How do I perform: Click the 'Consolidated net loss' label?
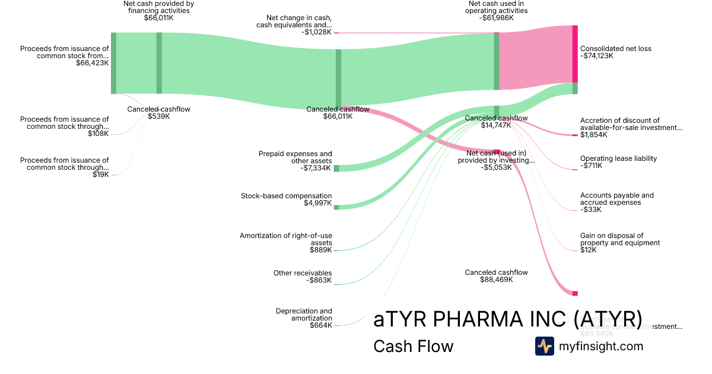point(615,49)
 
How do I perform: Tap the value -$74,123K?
point(596,56)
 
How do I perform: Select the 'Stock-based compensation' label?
point(286,196)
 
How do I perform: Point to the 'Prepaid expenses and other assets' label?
point(295,157)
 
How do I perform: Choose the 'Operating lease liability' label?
point(618,159)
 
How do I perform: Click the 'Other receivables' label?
point(302,273)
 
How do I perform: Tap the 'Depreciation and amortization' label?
point(304,315)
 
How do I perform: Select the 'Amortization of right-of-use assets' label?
point(285,239)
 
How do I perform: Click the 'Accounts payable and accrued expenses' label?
point(616,199)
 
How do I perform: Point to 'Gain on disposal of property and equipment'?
point(619,239)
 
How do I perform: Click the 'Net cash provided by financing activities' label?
point(158,7)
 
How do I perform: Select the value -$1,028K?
point(316,32)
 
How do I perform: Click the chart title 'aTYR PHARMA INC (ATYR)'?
point(507,319)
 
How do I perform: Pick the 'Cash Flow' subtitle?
point(413,346)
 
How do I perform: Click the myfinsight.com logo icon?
point(544,346)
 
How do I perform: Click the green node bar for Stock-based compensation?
point(336,207)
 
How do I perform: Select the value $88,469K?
point(496,280)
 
